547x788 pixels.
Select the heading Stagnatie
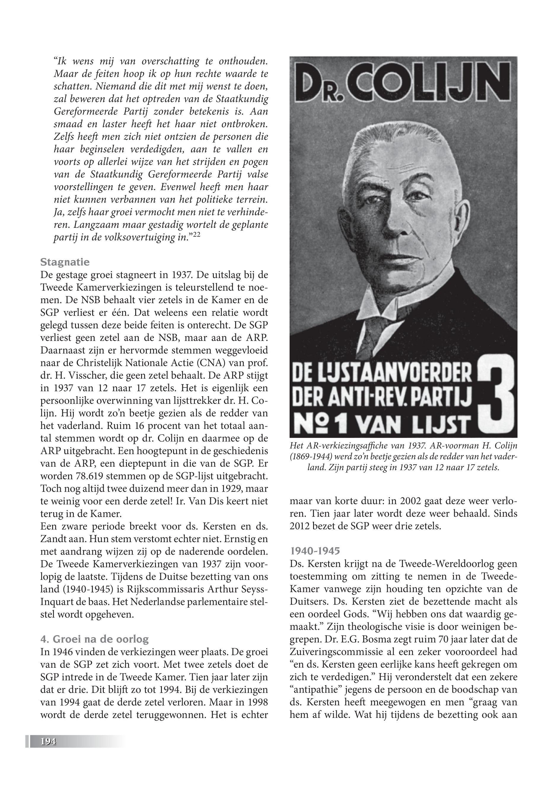65,262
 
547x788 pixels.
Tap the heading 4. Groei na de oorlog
95,639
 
